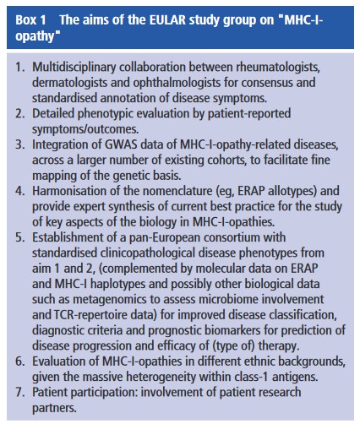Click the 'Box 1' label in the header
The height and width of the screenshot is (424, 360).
(29, 18)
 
